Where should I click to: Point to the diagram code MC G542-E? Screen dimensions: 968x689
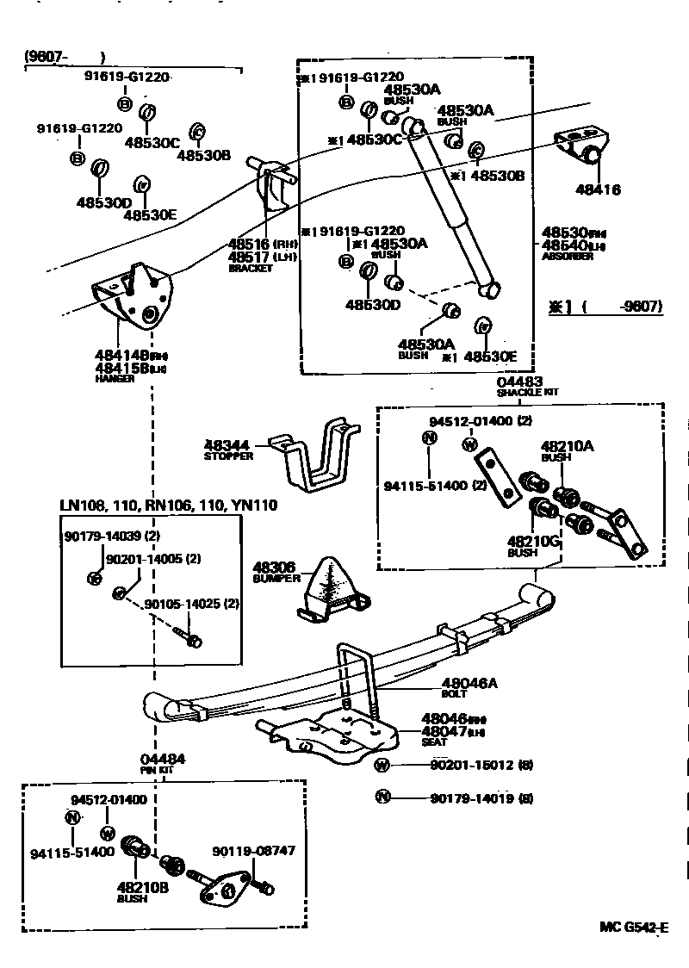(x=634, y=928)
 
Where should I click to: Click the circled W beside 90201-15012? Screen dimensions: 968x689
(x=382, y=765)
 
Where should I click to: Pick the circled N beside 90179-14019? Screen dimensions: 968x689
(x=382, y=797)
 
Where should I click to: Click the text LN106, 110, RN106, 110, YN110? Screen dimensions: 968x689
(x=169, y=505)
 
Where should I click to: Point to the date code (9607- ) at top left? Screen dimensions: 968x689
(x=65, y=58)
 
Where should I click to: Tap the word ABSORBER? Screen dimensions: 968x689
(x=567, y=257)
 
